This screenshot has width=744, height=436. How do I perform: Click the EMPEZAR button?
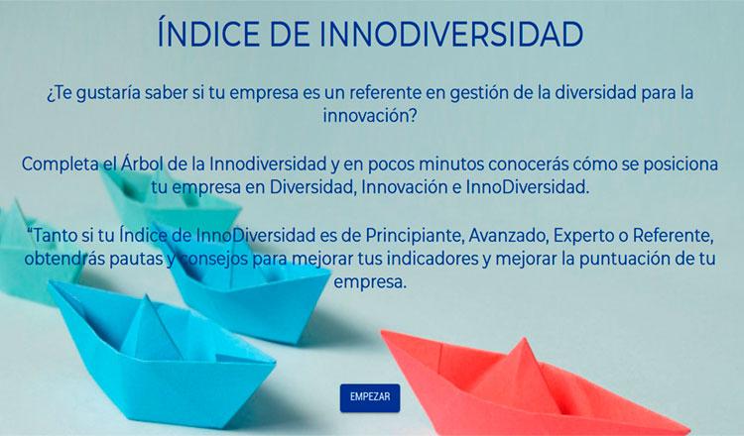coord(370,397)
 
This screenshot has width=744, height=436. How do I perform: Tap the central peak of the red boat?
coord(524,339)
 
